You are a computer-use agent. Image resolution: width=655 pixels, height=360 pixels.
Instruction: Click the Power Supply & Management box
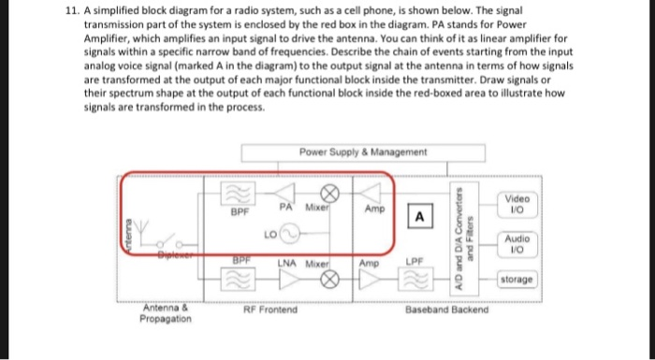coord(363,152)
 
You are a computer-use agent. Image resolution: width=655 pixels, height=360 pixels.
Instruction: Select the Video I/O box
coord(517,205)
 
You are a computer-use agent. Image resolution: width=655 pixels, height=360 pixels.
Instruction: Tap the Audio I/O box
coord(517,245)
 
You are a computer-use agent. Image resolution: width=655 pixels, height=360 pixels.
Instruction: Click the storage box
coord(517,280)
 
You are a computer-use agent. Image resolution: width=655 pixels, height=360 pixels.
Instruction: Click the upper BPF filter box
coord(235,194)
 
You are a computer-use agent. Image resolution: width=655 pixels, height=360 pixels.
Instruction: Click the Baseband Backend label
coord(446,309)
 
